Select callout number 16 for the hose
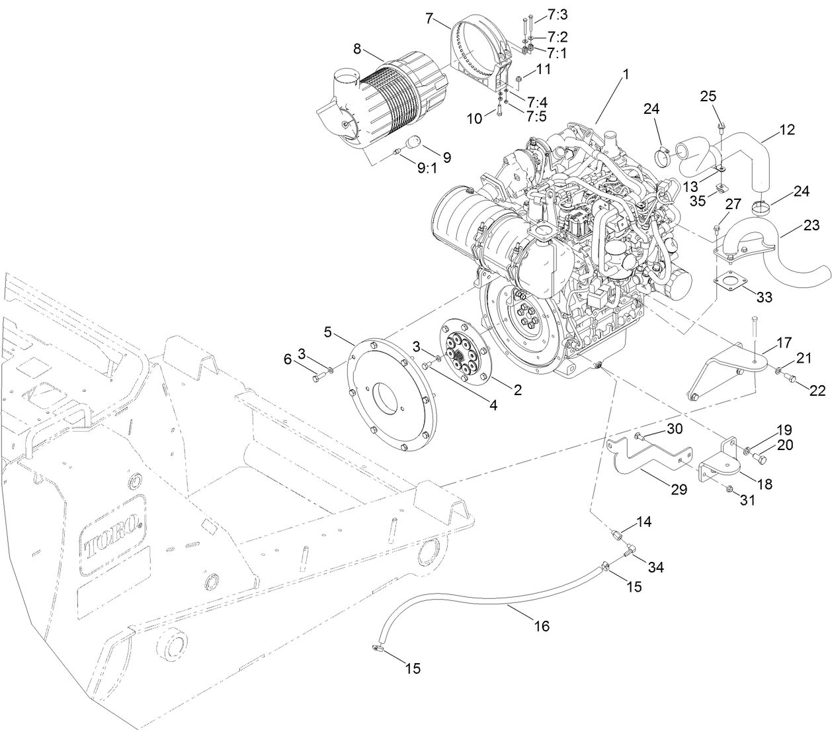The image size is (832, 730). coord(542,625)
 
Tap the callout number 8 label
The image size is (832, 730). coord(357,49)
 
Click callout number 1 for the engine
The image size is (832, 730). coord(624,76)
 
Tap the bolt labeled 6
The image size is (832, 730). coord(318,377)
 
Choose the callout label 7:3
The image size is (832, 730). coord(558,14)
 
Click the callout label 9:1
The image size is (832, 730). coord(427,167)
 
